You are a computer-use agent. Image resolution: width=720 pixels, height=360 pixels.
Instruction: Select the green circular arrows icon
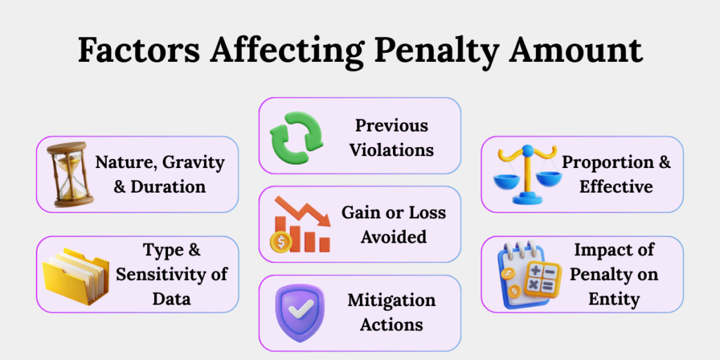point(295,135)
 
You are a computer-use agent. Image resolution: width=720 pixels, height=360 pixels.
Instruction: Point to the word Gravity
point(193,163)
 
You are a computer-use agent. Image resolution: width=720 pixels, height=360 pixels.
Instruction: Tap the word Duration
point(167,186)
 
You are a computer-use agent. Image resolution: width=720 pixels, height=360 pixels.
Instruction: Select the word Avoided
point(394,236)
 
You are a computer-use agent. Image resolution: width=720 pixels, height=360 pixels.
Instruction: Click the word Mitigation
point(392,300)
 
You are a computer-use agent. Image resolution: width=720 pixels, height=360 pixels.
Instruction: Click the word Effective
point(616,186)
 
